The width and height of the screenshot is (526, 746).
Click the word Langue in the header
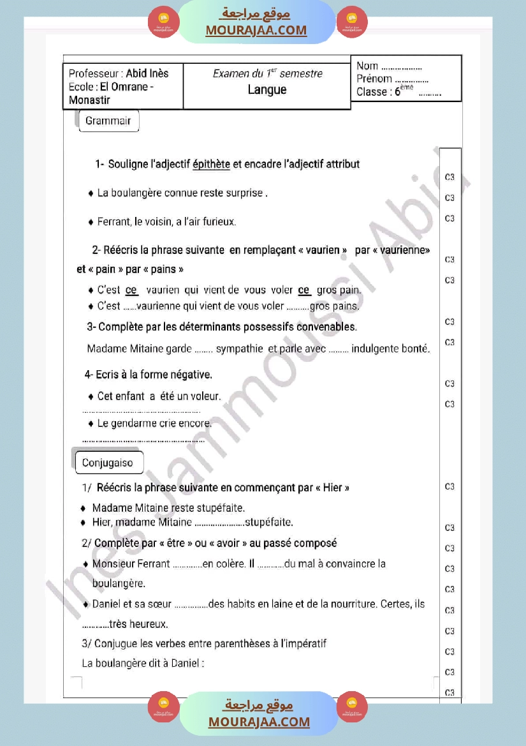click(267, 90)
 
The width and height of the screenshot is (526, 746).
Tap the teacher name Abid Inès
click(147, 73)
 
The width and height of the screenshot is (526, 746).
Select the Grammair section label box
click(108, 121)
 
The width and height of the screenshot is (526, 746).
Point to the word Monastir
click(89, 100)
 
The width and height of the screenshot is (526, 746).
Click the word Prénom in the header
click(374, 79)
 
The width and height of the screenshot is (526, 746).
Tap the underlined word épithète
click(211, 165)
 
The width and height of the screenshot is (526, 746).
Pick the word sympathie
click(239, 349)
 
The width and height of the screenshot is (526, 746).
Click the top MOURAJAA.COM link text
click(256, 31)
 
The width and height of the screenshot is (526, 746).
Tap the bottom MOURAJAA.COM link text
click(259, 722)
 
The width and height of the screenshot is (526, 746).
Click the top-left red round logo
click(164, 22)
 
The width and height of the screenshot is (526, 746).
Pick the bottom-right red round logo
click(352, 707)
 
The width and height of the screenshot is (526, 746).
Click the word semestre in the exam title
click(301, 74)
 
